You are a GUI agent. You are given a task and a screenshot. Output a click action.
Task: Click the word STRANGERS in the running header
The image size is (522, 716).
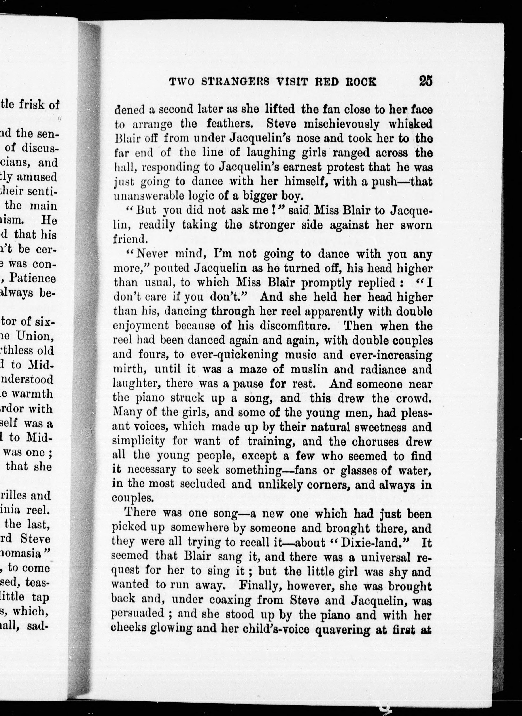pos(235,82)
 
